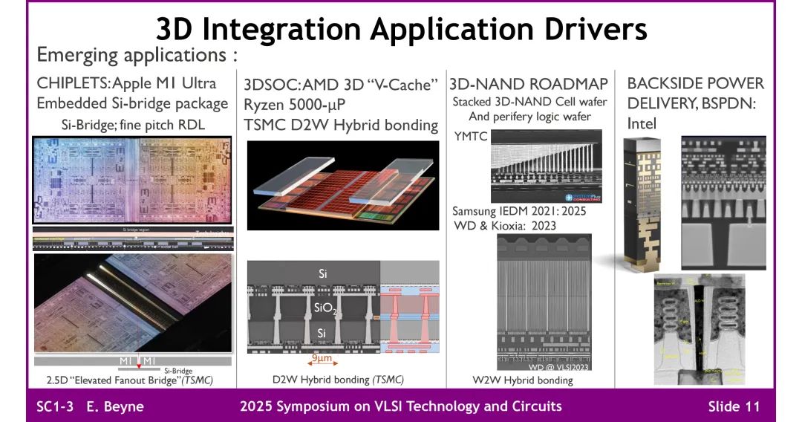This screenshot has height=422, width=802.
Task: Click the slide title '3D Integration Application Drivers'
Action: [401, 29]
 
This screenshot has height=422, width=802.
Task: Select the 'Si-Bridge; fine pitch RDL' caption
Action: [133, 125]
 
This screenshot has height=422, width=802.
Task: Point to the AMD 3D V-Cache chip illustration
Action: [342, 185]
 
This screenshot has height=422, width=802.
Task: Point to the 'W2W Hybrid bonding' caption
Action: [523, 380]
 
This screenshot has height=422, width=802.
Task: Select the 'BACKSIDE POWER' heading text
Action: [695, 83]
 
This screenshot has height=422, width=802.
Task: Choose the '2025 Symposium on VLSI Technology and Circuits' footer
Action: [401, 406]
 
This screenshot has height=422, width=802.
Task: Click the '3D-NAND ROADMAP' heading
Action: [529, 83]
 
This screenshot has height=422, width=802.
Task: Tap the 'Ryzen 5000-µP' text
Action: [294, 105]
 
